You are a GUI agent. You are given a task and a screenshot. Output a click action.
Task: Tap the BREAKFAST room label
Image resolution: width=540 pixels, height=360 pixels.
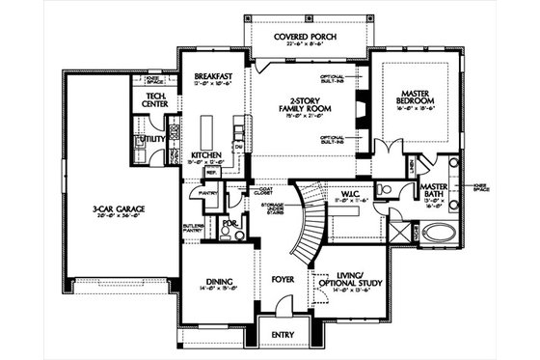click(x=209, y=75)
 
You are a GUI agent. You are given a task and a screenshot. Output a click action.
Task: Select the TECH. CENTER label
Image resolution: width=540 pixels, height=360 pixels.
click(x=156, y=100)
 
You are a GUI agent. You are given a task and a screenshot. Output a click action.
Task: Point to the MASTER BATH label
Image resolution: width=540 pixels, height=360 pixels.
click(x=431, y=186)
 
